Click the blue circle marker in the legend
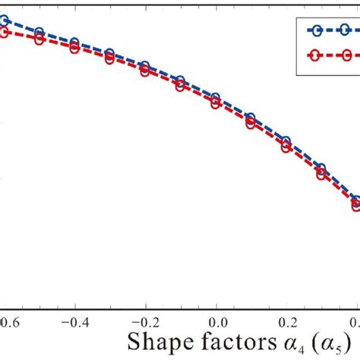(x=317, y=30)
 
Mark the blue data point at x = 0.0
(x=216, y=99)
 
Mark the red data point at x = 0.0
(x=216, y=106)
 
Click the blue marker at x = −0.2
(x=145, y=66)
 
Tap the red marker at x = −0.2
(x=145, y=71)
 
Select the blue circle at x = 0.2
(x=286, y=141)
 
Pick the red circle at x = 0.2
(x=286, y=148)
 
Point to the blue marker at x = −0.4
(x=74, y=43)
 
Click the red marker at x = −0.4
(x=74, y=48)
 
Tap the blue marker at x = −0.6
(x=5, y=21)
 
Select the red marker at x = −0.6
(x=5, y=32)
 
